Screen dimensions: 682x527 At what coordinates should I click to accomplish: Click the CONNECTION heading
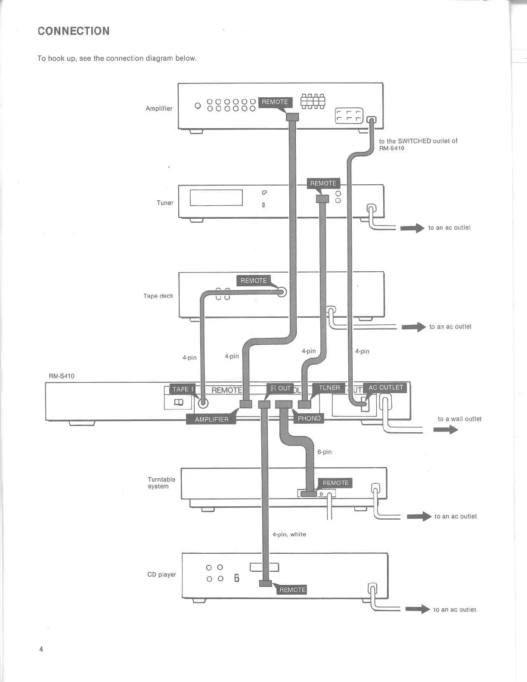coord(74,31)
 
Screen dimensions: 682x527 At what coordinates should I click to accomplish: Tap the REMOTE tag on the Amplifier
coord(275,102)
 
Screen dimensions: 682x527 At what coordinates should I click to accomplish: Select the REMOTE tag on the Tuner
coord(323,183)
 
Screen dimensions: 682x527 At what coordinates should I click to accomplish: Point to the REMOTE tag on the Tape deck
coord(254,281)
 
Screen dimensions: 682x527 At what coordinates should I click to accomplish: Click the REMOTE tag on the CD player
coord(292,590)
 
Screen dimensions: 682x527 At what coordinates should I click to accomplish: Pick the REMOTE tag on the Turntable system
coord(335,483)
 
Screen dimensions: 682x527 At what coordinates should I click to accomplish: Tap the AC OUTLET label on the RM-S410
coord(385,387)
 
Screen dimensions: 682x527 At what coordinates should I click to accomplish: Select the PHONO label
coord(309,418)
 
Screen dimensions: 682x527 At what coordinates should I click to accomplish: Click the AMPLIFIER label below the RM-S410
coord(211,419)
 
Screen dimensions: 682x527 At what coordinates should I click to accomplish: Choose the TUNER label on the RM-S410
coord(329,388)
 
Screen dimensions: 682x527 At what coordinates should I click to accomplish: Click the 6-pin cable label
coord(324,452)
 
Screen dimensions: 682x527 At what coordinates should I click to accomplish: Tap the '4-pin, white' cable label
coord(289,534)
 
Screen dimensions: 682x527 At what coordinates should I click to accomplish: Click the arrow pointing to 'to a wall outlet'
coord(446,430)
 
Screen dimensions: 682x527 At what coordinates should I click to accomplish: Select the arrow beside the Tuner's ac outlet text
coord(412,228)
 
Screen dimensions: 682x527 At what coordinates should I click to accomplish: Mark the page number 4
coord(41,649)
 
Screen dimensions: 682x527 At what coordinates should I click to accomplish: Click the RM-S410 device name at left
coord(62,376)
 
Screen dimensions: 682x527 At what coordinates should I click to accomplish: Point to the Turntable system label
coord(161,483)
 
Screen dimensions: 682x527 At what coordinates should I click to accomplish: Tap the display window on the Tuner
coord(216,198)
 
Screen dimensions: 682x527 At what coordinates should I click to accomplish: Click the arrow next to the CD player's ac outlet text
coord(417,609)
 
